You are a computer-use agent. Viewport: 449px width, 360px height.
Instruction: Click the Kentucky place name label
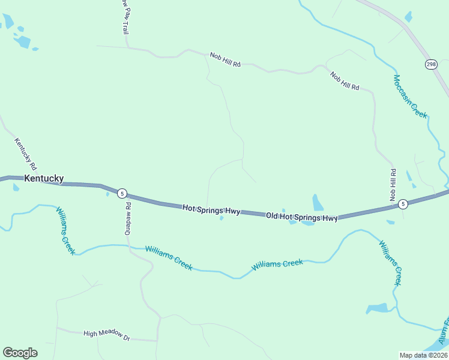(44, 178)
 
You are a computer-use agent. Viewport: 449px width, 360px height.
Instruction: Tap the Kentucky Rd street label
(26, 154)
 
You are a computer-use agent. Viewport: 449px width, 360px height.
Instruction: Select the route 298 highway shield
(430, 64)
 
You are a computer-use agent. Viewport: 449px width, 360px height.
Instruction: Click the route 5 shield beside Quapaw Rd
(122, 193)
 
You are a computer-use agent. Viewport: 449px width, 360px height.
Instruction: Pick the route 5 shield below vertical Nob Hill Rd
(403, 203)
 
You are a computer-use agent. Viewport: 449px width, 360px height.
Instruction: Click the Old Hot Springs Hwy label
(302, 217)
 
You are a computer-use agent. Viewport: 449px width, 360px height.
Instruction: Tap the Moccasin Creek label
(411, 96)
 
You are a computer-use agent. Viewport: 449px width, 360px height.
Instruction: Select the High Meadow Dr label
(107, 335)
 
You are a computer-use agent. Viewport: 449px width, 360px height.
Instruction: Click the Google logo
(20, 353)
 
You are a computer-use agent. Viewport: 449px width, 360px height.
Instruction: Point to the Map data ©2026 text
(423, 355)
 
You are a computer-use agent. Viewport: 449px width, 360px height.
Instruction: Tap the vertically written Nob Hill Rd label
(393, 185)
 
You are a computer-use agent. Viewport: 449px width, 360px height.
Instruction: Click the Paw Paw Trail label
(124, 16)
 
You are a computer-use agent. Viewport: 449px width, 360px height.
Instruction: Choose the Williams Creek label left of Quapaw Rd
(65, 230)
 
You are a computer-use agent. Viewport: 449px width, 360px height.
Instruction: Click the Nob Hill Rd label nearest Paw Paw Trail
(225, 59)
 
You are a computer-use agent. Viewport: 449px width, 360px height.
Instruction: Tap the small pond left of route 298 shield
(409, 17)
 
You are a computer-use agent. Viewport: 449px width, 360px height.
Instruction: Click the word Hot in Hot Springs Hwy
(190, 208)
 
